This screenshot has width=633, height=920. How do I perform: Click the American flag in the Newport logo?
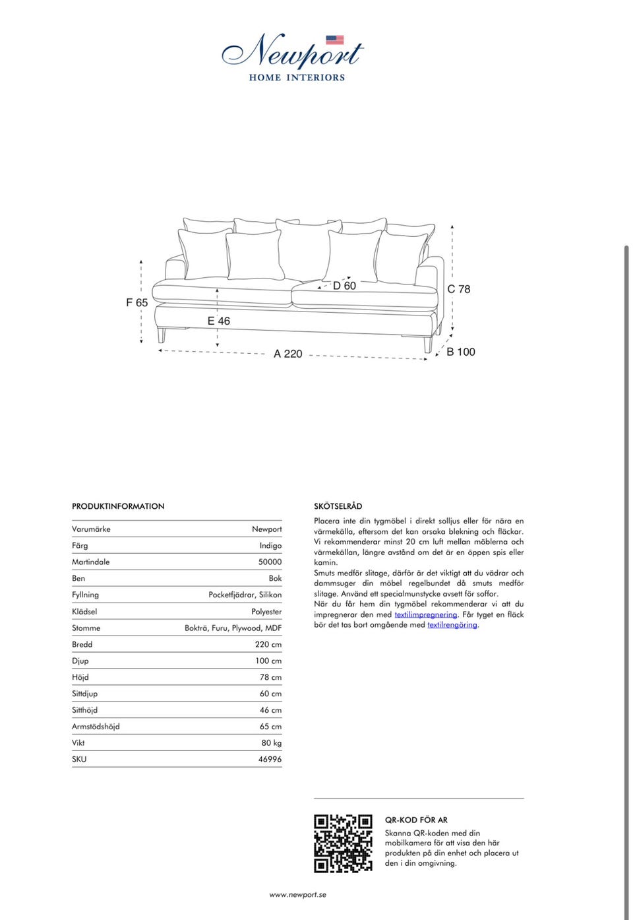(335, 40)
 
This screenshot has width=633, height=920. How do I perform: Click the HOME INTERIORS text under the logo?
(297, 77)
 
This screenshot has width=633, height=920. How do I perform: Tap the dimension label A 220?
(288, 354)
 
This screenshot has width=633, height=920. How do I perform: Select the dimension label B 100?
(461, 352)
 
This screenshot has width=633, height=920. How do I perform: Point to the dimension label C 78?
(459, 289)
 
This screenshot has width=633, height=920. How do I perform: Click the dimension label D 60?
(344, 286)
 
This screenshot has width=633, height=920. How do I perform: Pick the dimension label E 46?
(219, 321)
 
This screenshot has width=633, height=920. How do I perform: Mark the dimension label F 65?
(137, 302)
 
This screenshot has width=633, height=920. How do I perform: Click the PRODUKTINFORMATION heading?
(118, 506)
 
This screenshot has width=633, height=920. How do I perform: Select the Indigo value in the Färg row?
(270, 545)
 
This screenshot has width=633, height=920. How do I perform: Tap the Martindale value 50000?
(270, 562)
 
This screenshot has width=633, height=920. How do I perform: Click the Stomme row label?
(86, 628)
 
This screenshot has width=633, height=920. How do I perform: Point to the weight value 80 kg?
(271, 742)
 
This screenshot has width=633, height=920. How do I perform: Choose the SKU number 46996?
(270, 759)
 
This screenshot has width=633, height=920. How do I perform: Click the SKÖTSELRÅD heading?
(338, 506)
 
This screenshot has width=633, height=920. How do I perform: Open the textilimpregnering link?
(426, 614)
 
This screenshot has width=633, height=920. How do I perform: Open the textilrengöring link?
(452, 624)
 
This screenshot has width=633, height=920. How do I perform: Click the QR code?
(343, 843)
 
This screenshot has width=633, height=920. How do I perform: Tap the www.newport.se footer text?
(297, 895)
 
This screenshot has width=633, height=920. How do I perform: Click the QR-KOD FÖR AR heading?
(416, 820)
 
